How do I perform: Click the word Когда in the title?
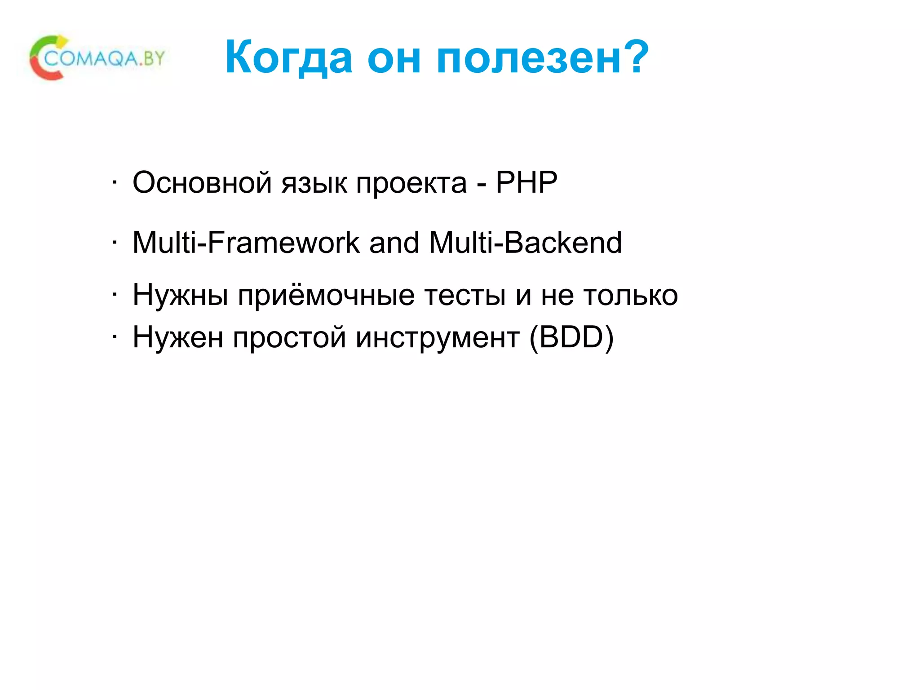tap(289, 57)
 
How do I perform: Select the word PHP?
tap(526, 182)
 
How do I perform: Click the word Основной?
tap(202, 183)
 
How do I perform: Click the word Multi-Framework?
tap(246, 243)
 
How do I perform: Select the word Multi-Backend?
tap(526, 243)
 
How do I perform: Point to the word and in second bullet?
tap(394, 243)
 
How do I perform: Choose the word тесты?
tap(465, 296)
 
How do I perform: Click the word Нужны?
tap(180, 296)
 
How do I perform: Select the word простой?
tap(289, 338)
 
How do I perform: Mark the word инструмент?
tap(438, 338)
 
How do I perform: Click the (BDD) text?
tap(571, 337)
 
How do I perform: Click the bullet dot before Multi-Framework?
tap(115, 243)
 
